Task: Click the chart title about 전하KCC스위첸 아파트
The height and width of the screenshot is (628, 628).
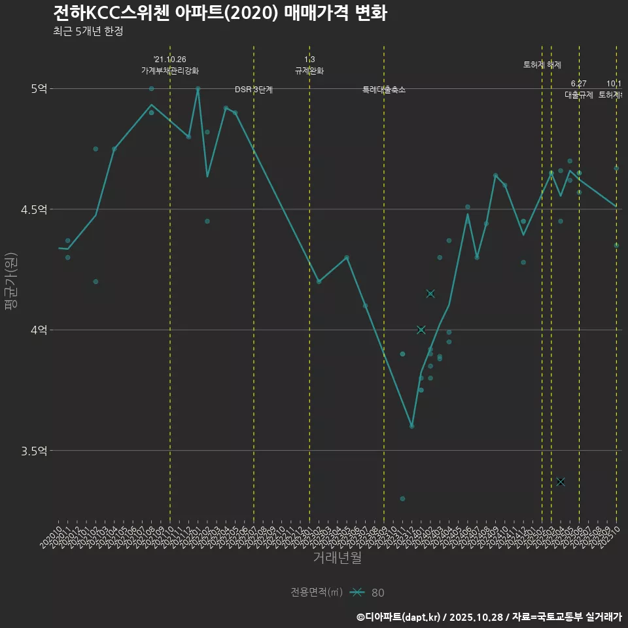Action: pos(219,13)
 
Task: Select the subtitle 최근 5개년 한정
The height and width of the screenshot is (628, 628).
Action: pos(88,31)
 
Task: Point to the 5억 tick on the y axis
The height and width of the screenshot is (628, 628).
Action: pos(39,88)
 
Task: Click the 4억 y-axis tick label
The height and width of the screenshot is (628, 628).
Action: pos(39,330)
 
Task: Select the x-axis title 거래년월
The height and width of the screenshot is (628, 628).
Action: pos(337,558)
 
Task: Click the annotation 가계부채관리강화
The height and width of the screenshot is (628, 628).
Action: pos(170,71)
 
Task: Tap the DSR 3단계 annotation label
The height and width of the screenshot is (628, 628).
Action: pos(254,90)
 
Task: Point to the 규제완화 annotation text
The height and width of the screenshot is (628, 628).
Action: pos(309,71)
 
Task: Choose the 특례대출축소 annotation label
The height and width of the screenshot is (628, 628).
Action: pos(384,90)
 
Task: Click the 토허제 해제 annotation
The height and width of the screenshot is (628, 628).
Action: pos(542,65)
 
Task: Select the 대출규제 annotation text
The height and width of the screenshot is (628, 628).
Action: pos(579,95)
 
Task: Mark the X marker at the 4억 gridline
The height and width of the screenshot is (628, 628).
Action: pos(421,330)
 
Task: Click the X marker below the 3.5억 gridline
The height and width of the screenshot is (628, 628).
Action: pos(561,481)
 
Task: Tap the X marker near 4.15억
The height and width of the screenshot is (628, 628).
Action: pos(430,294)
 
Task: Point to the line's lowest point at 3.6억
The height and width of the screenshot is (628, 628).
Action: pos(411,426)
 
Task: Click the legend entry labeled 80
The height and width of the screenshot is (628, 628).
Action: pos(377,593)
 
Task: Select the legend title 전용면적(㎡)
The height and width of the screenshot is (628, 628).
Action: pos(317,592)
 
